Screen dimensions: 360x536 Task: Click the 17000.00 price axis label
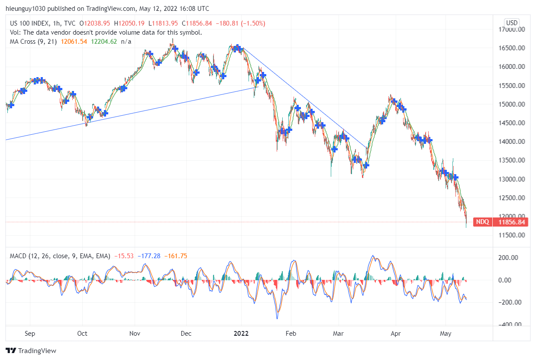tap(511, 29)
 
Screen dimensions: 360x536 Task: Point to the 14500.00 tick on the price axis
tap(511, 123)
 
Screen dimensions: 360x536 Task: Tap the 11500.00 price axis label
tap(511, 235)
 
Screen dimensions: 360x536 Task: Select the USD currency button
tap(512, 23)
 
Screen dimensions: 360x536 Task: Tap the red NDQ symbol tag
tap(483, 222)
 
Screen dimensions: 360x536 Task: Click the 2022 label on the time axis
tap(241, 334)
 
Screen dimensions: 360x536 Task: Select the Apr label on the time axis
tap(395, 334)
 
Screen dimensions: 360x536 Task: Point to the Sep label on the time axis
tap(30, 334)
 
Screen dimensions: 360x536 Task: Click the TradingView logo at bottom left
tap(31, 350)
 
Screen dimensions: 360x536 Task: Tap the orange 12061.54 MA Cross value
tap(74, 42)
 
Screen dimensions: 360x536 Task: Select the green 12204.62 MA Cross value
tap(104, 42)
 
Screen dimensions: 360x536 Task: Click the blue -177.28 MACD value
tap(149, 256)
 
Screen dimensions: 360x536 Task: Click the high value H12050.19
tap(130, 23)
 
